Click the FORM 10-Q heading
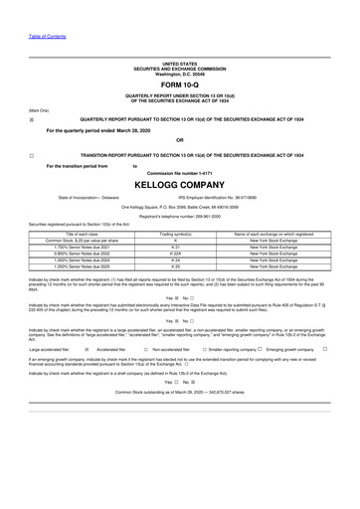[179, 83]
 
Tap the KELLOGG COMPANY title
[179, 184]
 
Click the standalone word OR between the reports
[179, 139]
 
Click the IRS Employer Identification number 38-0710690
[239, 197]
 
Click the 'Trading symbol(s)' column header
[175, 233]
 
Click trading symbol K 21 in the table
[175, 247]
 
